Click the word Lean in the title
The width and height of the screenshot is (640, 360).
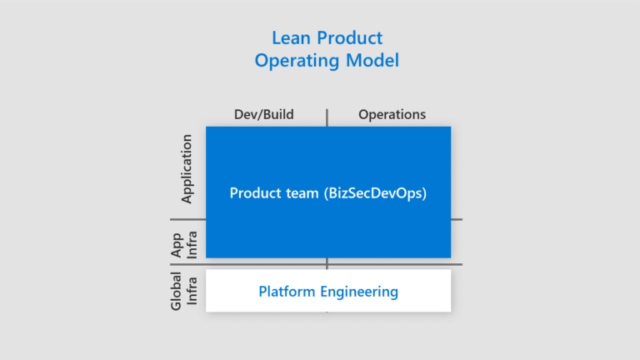click(x=289, y=37)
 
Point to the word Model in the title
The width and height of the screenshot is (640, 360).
click(x=374, y=61)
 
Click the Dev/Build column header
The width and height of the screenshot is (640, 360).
click(x=263, y=114)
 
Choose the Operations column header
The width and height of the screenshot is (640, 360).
click(x=392, y=114)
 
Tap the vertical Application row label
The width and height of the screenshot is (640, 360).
click(x=187, y=168)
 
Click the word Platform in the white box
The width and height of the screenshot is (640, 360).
click(x=284, y=292)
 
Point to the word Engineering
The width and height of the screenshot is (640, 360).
click(x=357, y=292)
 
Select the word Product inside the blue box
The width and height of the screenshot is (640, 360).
click(x=254, y=193)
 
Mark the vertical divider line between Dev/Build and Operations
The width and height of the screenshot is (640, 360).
click(x=327, y=117)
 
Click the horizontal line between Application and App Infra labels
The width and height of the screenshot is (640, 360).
click(x=187, y=219)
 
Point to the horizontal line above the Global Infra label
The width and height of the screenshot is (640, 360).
click(x=187, y=264)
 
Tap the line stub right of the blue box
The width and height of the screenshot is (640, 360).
click(x=457, y=219)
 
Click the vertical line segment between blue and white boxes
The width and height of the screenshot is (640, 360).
click(x=327, y=263)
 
